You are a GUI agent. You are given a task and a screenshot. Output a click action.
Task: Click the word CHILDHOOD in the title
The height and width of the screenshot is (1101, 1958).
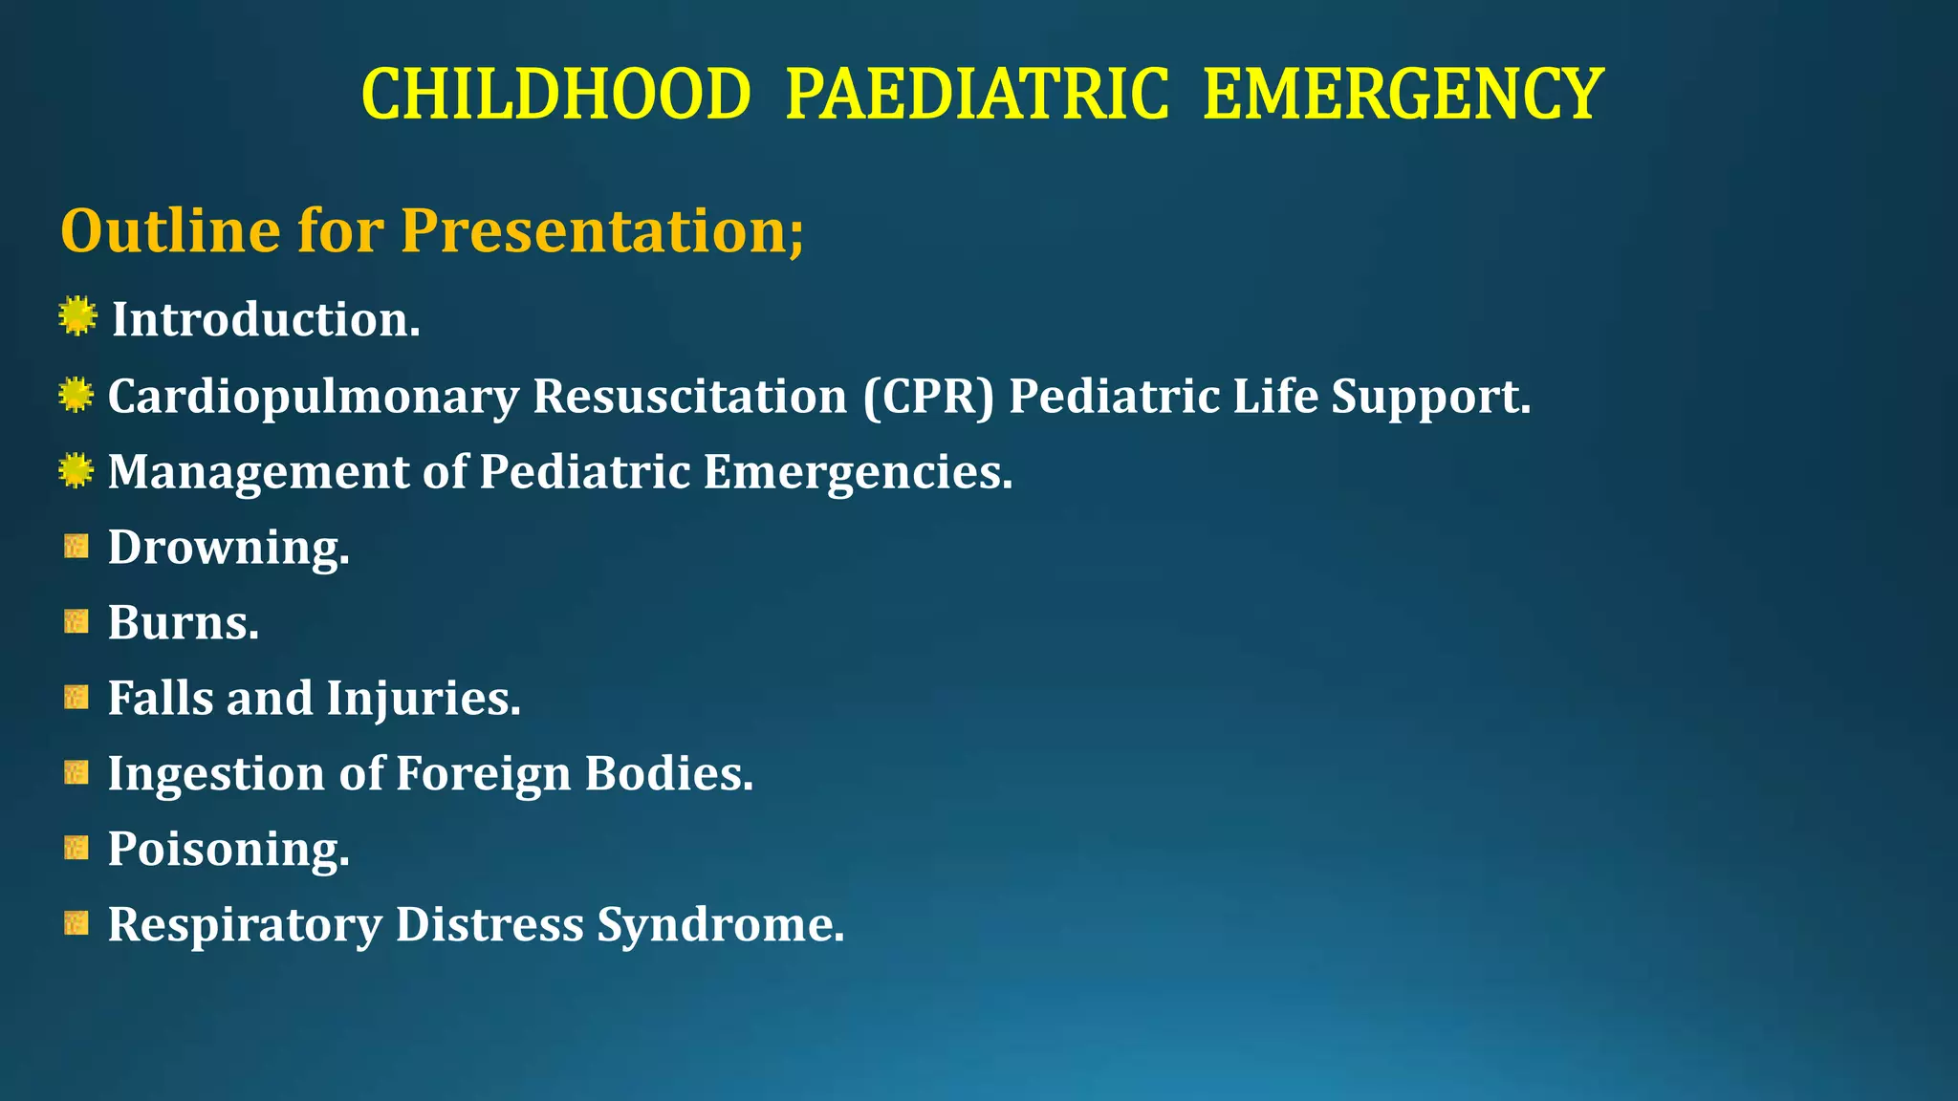point(555,96)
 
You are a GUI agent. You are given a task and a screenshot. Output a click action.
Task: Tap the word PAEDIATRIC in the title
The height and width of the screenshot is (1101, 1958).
point(976,96)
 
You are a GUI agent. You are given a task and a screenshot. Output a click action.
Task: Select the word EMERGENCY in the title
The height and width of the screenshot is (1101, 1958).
point(1402,96)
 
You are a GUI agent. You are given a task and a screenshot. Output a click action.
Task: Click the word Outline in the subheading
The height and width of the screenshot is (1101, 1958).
point(170,231)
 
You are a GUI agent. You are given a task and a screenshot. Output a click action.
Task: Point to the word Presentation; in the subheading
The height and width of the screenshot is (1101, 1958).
point(602,231)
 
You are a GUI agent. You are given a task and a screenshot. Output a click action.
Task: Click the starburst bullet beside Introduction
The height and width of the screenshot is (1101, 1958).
point(76,317)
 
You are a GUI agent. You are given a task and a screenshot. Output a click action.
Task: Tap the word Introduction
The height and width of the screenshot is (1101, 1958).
point(265,320)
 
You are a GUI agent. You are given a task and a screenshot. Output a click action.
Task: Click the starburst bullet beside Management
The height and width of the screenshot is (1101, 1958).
point(76,471)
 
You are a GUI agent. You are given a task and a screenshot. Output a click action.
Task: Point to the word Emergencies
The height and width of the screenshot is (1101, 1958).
point(857,472)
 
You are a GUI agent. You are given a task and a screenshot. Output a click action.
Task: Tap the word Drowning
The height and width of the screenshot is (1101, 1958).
point(228,549)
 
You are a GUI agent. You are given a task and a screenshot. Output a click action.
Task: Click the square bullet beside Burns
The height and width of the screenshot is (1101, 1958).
point(76,622)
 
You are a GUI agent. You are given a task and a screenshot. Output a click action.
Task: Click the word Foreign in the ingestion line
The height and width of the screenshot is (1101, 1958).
point(483,774)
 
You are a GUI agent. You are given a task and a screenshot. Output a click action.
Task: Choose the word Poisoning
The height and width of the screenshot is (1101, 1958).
point(228,850)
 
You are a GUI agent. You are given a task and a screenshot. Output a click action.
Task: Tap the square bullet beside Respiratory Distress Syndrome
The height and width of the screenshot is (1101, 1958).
point(76,923)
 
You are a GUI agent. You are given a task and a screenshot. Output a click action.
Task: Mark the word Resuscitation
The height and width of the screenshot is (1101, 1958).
point(689,397)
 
